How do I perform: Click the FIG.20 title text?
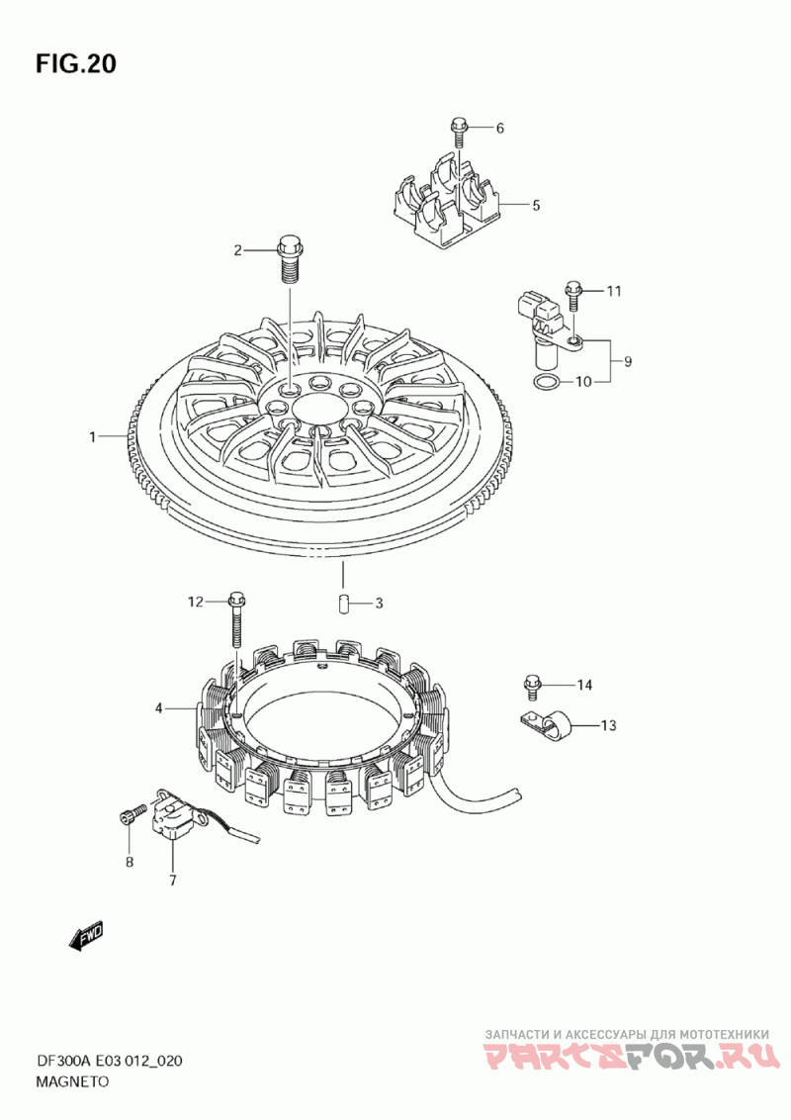[x=76, y=63]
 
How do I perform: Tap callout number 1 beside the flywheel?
[x=93, y=436]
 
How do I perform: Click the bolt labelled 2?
[x=289, y=256]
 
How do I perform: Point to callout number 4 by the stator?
[x=158, y=708]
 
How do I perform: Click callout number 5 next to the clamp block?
[x=535, y=206]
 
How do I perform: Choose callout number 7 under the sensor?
[x=172, y=880]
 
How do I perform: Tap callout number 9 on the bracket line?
[x=627, y=361]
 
